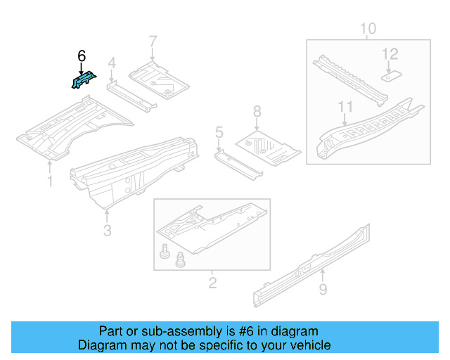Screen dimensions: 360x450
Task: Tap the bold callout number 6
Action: (82, 56)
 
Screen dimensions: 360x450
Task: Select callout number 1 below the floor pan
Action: (50, 181)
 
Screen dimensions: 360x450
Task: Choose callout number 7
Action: (153, 41)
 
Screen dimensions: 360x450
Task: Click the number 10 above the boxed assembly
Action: (368, 29)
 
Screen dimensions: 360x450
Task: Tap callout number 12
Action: (390, 53)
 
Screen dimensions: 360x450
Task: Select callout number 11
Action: (344, 107)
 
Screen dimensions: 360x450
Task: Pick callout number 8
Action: (257, 111)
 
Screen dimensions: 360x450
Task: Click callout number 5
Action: (219, 131)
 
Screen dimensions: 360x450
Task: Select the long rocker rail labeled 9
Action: (309, 264)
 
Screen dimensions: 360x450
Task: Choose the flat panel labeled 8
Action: (267, 144)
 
